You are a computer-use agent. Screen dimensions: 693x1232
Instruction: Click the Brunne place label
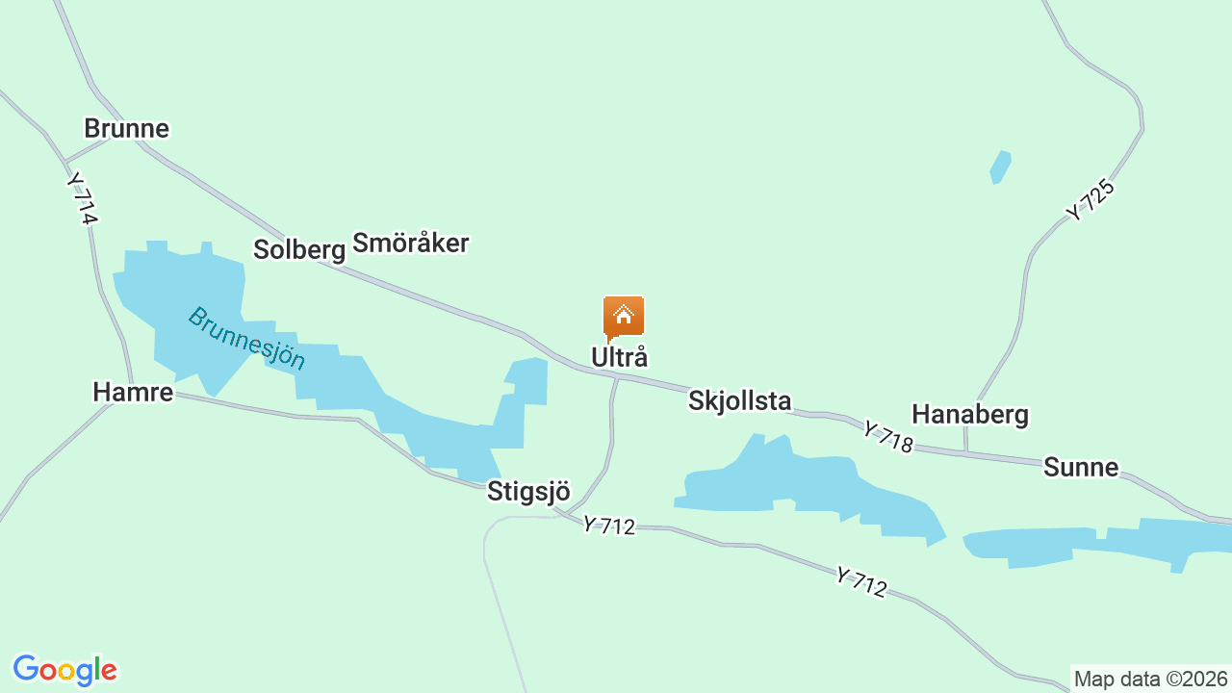(126, 128)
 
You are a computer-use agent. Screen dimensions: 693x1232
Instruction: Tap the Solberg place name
(298, 249)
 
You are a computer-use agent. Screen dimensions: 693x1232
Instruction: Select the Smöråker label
(410, 243)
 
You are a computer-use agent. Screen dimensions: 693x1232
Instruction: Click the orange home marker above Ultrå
(623, 317)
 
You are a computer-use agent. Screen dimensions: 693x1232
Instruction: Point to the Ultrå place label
(619, 357)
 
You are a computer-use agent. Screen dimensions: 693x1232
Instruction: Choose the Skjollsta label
(739, 400)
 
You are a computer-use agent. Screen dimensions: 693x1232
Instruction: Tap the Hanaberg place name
(969, 414)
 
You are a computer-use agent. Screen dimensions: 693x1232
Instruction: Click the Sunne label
(1080, 468)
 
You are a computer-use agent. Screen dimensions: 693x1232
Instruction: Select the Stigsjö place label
(528, 491)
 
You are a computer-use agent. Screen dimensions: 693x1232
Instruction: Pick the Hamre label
(133, 392)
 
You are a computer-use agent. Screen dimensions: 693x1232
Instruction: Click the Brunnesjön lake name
(246, 339)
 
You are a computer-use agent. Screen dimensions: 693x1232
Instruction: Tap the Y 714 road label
(83, 198)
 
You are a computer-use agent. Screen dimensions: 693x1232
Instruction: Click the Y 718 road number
(886, 436)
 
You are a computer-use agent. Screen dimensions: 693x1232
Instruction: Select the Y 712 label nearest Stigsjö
(608, 526)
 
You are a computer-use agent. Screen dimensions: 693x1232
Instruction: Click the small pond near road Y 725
(1001, 167)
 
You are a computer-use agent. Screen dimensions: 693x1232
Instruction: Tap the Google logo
(64, 670)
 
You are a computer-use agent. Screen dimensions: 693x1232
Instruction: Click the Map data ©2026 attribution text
(1151, 679)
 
